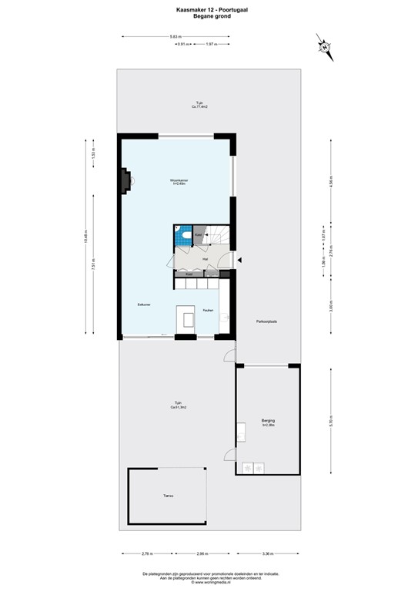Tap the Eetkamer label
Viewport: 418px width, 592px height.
click(x=143, y=305)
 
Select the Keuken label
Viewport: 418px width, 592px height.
click(x=208, y=311)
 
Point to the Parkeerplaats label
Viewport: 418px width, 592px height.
click(x=266, y=321)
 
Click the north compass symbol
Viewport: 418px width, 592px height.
click(x=324, y=47)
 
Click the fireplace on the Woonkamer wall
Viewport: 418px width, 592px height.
click(x=125, y=180)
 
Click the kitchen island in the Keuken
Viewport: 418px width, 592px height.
click(x=186, y=317)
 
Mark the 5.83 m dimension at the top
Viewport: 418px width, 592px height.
click(x=176, y=36)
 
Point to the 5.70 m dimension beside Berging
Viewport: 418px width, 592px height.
click(x=331, y=421)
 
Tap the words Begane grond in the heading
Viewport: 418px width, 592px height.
click(x=209, y=15)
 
